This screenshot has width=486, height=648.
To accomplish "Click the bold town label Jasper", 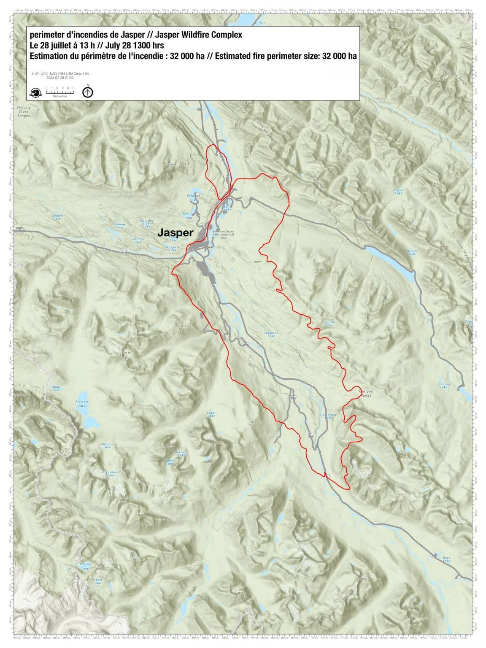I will click(x=175, y=232).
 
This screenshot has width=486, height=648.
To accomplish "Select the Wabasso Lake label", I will click(x=271, y=335).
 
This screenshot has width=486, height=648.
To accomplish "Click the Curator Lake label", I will click(x=329, y=324).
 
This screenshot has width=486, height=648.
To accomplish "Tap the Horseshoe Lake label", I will click(x=328, y=416).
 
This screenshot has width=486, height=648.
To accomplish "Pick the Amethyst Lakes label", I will click(x=83, y=404).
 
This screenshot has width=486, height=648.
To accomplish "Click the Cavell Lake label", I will click(x=212, y=414).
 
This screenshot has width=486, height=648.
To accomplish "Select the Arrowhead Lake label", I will click(x=111, y=473).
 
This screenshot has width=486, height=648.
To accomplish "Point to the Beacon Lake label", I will click(x=85, y=566).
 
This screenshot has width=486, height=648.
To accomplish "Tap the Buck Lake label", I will click(x=446, y=559).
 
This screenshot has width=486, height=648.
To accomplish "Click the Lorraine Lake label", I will click(x=444, y=386).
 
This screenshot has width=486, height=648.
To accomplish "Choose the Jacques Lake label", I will click(x=398, y=192).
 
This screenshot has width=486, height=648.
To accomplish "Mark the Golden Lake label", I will click(x=57, y=217).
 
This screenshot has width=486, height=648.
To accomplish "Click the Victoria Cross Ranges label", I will click(x=24, y=111).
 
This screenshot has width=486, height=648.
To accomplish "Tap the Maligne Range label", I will click(x=366, y=393).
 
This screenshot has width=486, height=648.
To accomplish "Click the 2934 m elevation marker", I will click(x=59, y=510).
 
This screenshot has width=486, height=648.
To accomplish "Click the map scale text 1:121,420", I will click(x=39, y=74).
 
